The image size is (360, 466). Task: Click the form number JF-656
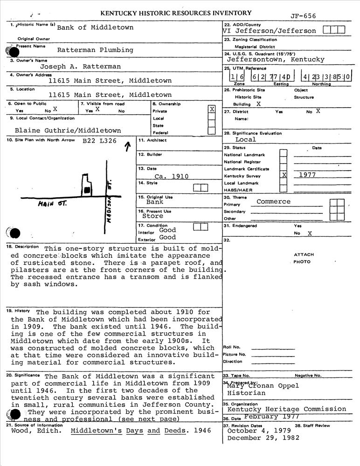[303, 16]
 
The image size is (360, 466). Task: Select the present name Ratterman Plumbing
[95, 50]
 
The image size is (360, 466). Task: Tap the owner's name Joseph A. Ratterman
[80, 67]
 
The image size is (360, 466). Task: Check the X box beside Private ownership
[212, 109]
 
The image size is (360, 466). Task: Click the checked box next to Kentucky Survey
[284, 175]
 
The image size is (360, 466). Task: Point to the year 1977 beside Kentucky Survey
[307, 175]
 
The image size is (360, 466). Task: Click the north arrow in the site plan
[127, 147]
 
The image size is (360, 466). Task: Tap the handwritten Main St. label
[53, 204]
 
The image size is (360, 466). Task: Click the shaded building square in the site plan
[87, 190]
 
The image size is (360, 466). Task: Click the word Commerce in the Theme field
[273, 202]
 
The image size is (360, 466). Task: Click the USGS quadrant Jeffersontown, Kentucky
[275, 60]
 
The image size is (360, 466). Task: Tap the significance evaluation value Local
[245, 139]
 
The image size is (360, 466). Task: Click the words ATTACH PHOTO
[304, 258]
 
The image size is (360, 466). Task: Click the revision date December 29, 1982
[263, 438]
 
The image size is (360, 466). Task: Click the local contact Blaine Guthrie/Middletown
[68, 130]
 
